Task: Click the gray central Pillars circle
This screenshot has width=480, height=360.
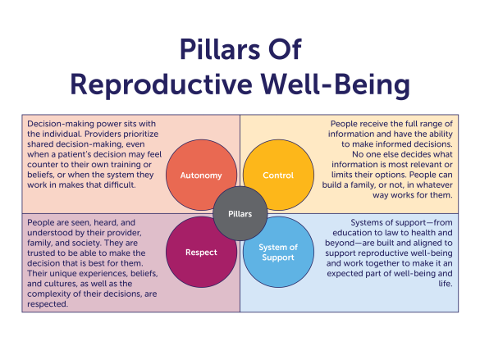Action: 240,213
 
